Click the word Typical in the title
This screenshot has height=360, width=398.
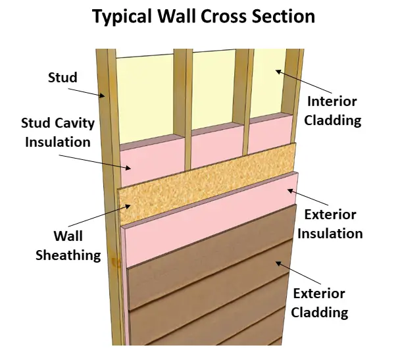122,16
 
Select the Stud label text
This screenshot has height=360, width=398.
62,78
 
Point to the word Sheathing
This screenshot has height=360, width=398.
68,255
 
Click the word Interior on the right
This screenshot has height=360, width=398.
332,101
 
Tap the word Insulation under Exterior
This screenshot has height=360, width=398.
330,234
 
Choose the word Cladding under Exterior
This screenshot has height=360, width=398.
319,312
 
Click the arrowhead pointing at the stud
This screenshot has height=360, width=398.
103,95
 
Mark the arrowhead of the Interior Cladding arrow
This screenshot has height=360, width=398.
278,72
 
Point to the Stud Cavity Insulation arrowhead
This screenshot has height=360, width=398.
128,168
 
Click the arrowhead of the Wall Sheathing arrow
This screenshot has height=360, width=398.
128,206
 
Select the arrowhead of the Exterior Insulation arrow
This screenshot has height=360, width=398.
290,190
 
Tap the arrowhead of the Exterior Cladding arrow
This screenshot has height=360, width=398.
278,263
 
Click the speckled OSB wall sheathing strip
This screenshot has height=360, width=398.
207,184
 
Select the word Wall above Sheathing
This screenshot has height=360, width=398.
68,236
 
